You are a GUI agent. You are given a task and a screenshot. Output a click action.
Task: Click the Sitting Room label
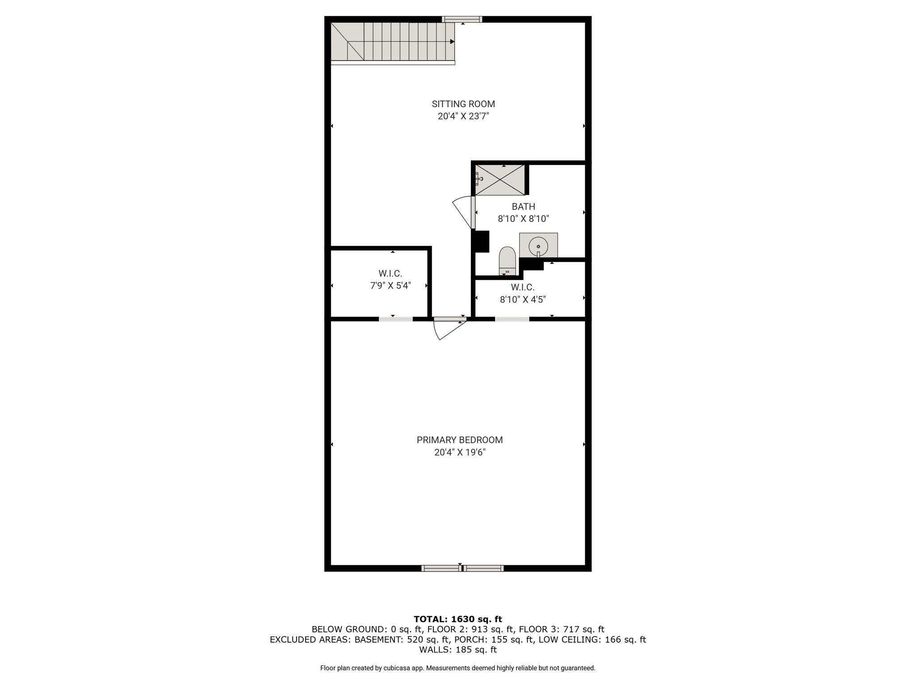point(463,104)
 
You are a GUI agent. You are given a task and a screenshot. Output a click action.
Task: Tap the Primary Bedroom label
point(460,440)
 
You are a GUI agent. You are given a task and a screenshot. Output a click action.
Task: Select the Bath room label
point(523,207)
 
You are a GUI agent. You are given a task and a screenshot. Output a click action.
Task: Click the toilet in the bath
point(507,261)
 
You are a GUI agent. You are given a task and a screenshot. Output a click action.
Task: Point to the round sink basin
point(539,246)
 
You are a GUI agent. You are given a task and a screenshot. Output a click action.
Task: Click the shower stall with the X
point(500,180)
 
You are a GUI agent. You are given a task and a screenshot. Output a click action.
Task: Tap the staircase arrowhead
point(452,42)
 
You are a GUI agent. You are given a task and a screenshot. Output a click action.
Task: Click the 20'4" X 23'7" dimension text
point(463,116)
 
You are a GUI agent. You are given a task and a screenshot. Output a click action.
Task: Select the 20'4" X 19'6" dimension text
point(460,452)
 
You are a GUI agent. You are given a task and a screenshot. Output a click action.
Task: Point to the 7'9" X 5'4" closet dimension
point(390,285)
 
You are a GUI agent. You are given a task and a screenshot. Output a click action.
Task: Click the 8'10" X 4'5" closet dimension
point(523,300)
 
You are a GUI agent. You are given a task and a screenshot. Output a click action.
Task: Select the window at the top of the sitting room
point(462,19)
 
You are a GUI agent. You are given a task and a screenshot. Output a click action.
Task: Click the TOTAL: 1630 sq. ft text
point(458,619)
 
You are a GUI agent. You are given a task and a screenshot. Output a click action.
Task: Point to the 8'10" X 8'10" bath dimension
point(523,219)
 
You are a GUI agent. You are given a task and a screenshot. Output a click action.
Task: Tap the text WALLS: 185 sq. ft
point(458,649)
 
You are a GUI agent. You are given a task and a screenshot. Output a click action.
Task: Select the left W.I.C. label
point(390,273)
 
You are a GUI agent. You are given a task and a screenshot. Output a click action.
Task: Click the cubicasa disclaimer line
point(458,668)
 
